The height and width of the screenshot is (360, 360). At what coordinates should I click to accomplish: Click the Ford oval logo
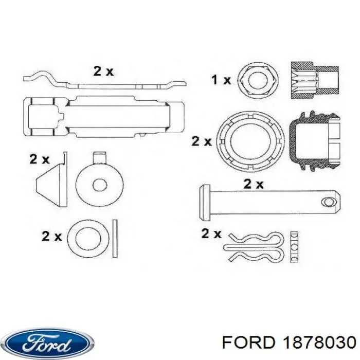click(x=49, y=344)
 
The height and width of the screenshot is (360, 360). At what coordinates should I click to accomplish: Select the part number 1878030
click(x=319, y=343)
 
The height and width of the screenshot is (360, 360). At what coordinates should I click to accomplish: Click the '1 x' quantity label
click(x=221, y=80)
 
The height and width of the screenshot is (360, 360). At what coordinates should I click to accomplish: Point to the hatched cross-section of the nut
click(x=315, y=80)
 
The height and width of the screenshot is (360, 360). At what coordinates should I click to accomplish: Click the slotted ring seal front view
click(x=250, y=141)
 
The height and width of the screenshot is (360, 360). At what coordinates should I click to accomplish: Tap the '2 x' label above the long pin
click(x=253, y=184)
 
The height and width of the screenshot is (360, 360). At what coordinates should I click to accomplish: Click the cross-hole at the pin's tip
click(x=329, y=202)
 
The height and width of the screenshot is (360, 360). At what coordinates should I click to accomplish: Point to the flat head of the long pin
click(x=205, y=203)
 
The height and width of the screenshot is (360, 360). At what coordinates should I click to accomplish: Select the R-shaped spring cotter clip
click(x=254, y=247)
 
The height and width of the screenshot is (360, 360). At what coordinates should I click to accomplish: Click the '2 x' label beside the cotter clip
click(x=211, y=233)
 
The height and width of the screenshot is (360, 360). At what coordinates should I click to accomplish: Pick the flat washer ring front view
click(x=88, y=238)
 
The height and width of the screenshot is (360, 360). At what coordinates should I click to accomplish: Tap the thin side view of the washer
click(x=115, y=238)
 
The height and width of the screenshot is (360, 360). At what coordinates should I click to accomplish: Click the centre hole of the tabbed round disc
click(x=100, y=185)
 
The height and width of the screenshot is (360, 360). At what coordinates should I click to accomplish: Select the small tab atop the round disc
click(x=100, y=157)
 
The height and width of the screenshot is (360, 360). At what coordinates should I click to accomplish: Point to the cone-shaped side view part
click(x=51, y=179)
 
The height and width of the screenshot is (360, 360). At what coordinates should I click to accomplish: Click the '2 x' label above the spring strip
click(x=103, y=71)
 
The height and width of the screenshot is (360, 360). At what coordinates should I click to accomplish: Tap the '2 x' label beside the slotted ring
click(x=202, y=141)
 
